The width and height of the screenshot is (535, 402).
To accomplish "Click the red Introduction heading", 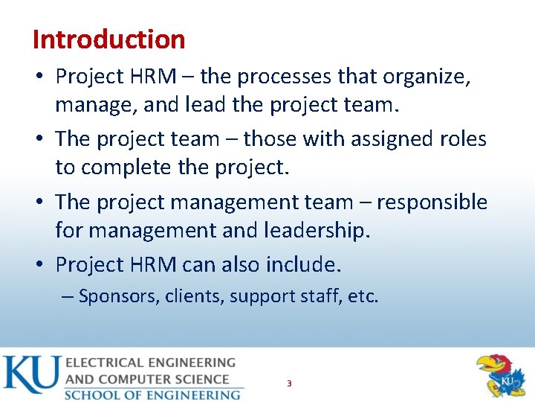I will [108, 39].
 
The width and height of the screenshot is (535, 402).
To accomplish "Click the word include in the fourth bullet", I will [301, 264].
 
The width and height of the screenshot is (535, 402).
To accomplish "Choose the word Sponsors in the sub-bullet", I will [119, 296].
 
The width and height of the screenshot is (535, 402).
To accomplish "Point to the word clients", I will [195, 296].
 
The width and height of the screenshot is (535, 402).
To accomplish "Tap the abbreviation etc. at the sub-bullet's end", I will [363, 296].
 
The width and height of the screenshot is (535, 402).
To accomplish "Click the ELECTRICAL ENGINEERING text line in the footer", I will [151, 363].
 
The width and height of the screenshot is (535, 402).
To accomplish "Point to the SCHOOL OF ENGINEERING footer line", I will [152, 395].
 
